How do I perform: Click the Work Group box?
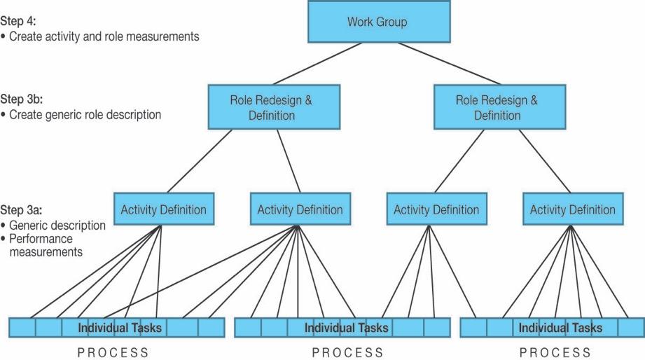pos(377,22)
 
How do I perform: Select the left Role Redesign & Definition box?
pos(271,107)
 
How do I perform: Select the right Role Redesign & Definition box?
pos(497,107)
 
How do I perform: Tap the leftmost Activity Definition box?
pos(163,209)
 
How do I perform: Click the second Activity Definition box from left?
pos(300,209)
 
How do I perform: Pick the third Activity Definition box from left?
pos(436,209)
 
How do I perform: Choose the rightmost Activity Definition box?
pos(572,209)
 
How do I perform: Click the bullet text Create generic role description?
pos(85,113)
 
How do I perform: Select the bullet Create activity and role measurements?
pos(104,36)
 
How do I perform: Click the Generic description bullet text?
pos(57,226)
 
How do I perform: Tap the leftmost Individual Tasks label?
pos(120,328)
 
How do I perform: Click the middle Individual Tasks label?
pos(346,328)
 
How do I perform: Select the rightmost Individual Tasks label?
pos(560,328)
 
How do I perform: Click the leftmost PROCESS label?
pos(113,352)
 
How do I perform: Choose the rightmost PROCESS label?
pos(555,352)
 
